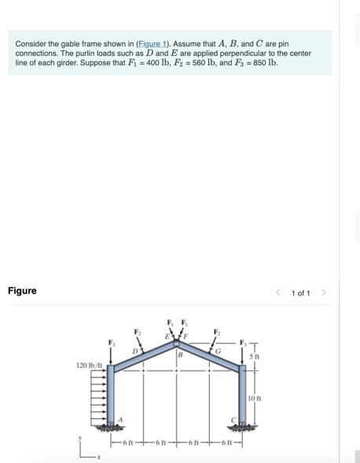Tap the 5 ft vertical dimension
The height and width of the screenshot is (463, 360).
pyautogui.click(x=256, y=356)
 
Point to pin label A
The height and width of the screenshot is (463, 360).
pyautogui.click(x=120, y=420)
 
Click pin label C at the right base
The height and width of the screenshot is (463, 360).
pyautogui.click(x=233, y=420)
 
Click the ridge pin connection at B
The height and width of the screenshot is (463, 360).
pyautogui.click(x=177, y=344)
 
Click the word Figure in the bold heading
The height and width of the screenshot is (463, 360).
pyautogui.click(x=22, y=291)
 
